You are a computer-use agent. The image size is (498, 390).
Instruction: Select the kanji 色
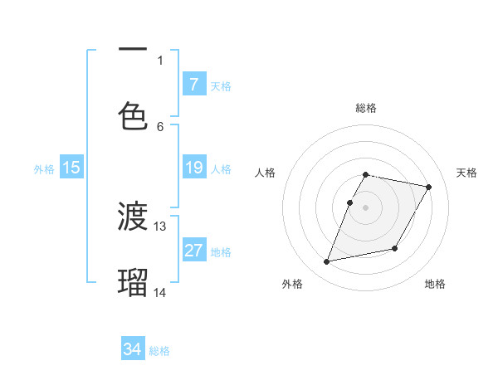tap(133, 114)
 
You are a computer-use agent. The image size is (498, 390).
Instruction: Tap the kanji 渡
tap(133, 217)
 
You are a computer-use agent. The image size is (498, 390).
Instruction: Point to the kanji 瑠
tap(133, 282)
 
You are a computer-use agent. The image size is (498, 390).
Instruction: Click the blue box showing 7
tap(194, 85)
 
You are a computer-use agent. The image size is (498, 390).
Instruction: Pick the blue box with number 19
tap(194, 168)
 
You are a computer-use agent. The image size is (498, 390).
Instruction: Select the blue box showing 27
tap(194, 251)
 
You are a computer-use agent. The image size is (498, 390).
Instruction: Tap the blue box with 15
tap(71, 168)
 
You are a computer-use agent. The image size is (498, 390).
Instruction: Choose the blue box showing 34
tap(133, 350)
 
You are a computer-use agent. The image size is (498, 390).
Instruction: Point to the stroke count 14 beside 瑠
tap(160, 292)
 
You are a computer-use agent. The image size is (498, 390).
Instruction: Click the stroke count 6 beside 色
tap(160, 126)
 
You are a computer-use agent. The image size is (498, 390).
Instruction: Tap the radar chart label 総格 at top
tap(366, 108)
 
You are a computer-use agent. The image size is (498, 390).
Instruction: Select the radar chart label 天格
tap(466, 173)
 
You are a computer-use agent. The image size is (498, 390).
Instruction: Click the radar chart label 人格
tap(266, 173)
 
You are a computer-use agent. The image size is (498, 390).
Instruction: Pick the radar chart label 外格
tap(291, 284)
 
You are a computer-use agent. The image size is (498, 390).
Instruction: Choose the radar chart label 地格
tap(435, 284)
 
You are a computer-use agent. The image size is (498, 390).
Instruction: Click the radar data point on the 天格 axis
tap(428, 187)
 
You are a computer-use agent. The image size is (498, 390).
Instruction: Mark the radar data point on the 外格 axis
tap(327, 262)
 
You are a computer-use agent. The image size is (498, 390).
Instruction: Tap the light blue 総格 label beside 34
tap(159, 351)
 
